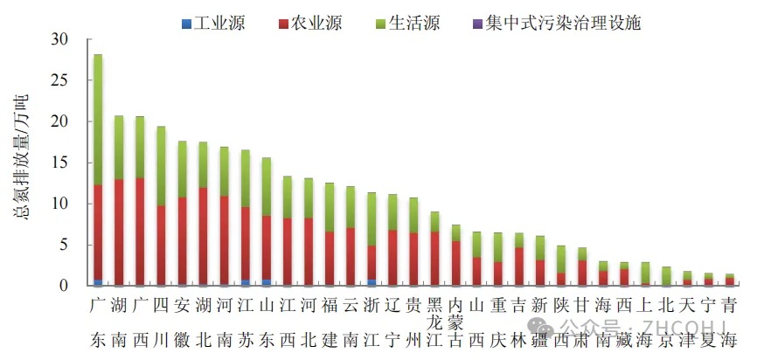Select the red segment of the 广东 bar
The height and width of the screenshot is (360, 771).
pos(98,232)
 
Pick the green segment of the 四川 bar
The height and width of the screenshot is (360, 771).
pos(161,166)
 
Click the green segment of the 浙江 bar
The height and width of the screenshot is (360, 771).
pos(372,218)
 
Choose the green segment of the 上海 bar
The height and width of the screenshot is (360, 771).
pos(645,272)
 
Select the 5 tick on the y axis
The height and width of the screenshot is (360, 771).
pos(63,245)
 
